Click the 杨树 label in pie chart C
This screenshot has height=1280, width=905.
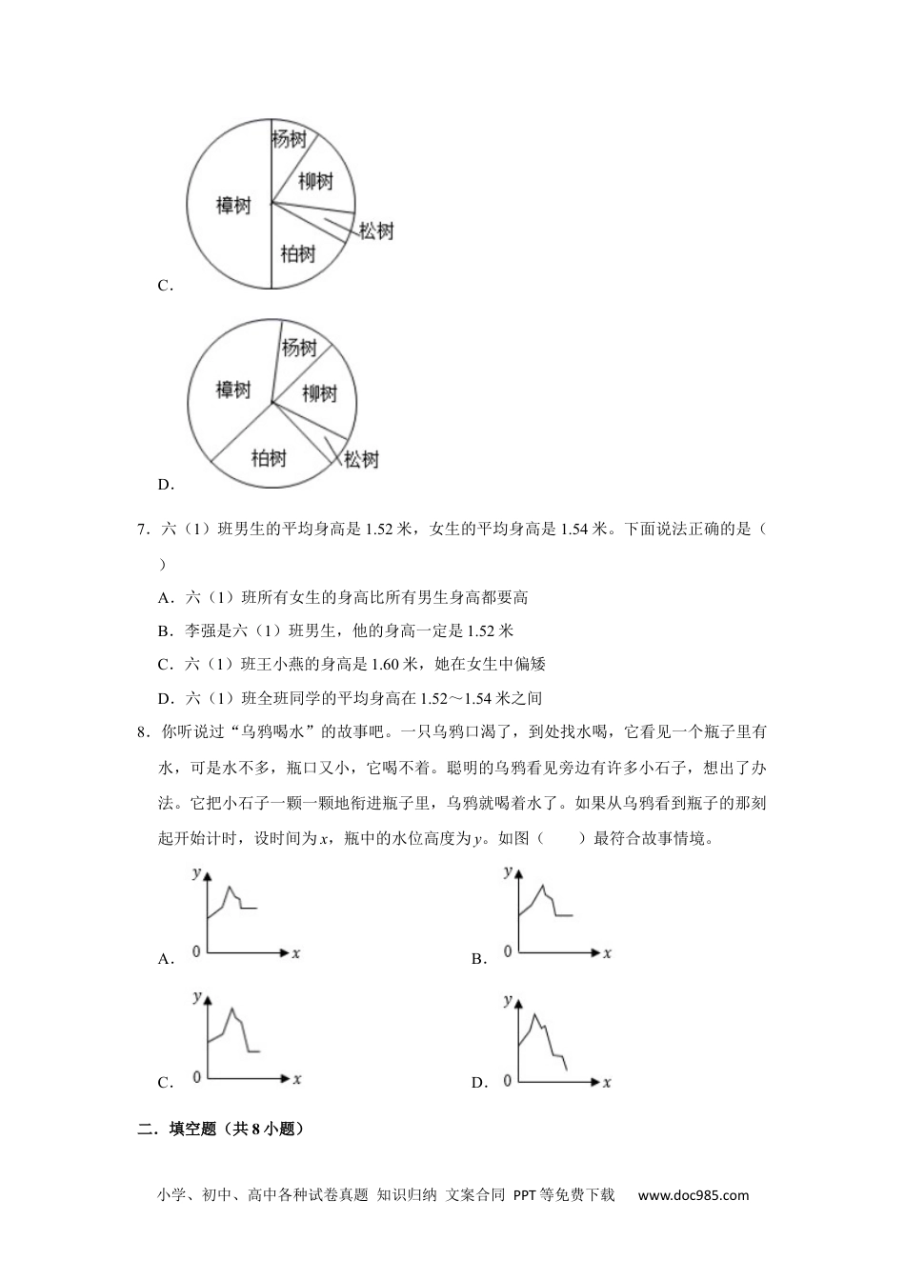pos(290,139)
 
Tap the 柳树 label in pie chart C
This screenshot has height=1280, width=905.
pos(315,181)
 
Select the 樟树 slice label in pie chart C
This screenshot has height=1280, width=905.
pos(233,205)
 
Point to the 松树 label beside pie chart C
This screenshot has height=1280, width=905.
pos(376,231)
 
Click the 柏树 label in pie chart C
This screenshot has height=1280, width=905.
pos(298,253)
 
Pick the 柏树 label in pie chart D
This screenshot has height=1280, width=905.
pos(269,459)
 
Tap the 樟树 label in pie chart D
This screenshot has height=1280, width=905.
pos(233,390)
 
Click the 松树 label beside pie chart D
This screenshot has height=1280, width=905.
pos(362,460)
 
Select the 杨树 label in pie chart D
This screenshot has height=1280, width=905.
pos(299,349)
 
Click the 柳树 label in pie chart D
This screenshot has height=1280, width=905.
pos(319,392)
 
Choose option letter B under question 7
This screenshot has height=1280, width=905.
pos(164,630)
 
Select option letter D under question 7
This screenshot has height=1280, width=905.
pos(164,698)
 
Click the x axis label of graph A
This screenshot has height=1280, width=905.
pos(296,952)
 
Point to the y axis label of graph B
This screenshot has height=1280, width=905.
pos(508,870)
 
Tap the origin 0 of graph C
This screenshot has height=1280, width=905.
pos(197,1077)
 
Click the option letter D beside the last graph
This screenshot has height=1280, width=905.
pos(478,1083)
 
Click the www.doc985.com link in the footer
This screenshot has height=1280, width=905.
pos(693,1196)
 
